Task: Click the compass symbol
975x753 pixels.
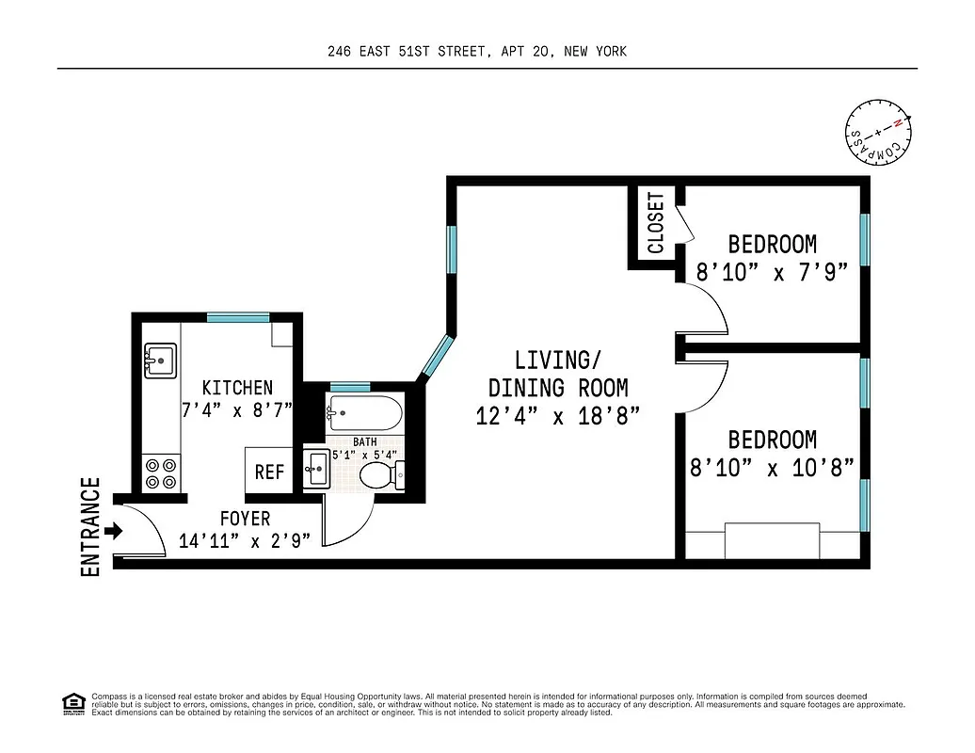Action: [x=878, y=133]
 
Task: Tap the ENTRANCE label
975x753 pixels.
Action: [x=91, y=527]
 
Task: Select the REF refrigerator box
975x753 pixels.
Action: [x=269, y=471]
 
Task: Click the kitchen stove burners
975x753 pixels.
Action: [x=160, y=473]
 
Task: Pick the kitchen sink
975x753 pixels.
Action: [x=160, y=360]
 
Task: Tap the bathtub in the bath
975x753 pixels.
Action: [x=364, y=413]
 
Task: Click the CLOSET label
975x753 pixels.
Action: [x=656, y=224]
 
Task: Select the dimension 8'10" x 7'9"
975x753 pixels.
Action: [x=772, y=272]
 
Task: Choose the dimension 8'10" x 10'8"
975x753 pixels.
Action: [x=772, y=467]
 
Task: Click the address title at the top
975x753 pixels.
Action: [x=477, y=52]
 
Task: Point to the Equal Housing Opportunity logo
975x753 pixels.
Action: [x=71, y=703]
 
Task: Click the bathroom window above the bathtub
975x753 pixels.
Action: [x=350, y=387]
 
